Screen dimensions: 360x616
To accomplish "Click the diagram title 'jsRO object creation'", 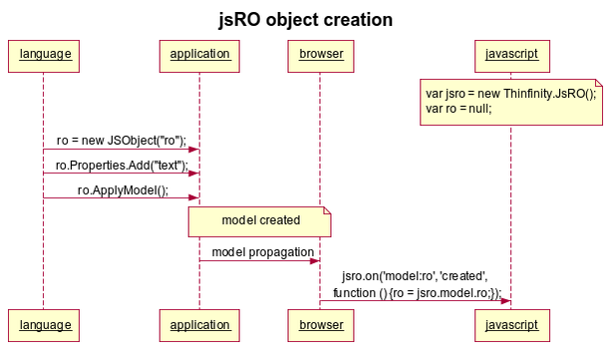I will coord(306,20).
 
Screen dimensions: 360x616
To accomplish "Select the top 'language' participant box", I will coord(43,54).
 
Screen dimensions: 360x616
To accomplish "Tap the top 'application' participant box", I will coord(199,54).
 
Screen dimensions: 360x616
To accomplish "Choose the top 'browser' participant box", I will coord(320,54).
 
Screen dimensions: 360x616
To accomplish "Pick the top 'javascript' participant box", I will coord(510,54).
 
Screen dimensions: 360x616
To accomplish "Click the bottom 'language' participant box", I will coord(43,325).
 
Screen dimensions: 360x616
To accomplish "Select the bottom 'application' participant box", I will coord(199,325).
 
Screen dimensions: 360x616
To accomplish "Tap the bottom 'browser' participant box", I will coord(320,325).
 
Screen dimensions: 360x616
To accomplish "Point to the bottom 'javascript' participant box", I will coord(510,325).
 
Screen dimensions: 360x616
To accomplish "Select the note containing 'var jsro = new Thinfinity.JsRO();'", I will coord(511,101).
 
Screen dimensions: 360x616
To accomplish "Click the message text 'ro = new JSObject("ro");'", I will coord(121,141).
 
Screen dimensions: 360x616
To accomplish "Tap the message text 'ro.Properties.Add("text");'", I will coord(121,165).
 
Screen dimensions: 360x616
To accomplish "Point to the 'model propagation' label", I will coord(262,252).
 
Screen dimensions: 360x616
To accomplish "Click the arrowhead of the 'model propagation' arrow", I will coord(314,261).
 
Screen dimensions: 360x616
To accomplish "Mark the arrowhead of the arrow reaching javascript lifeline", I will coord(504,301).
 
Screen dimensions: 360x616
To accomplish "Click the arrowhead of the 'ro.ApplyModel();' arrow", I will coord(193,198).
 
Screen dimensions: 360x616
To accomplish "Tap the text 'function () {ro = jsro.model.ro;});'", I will coord(417,291).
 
